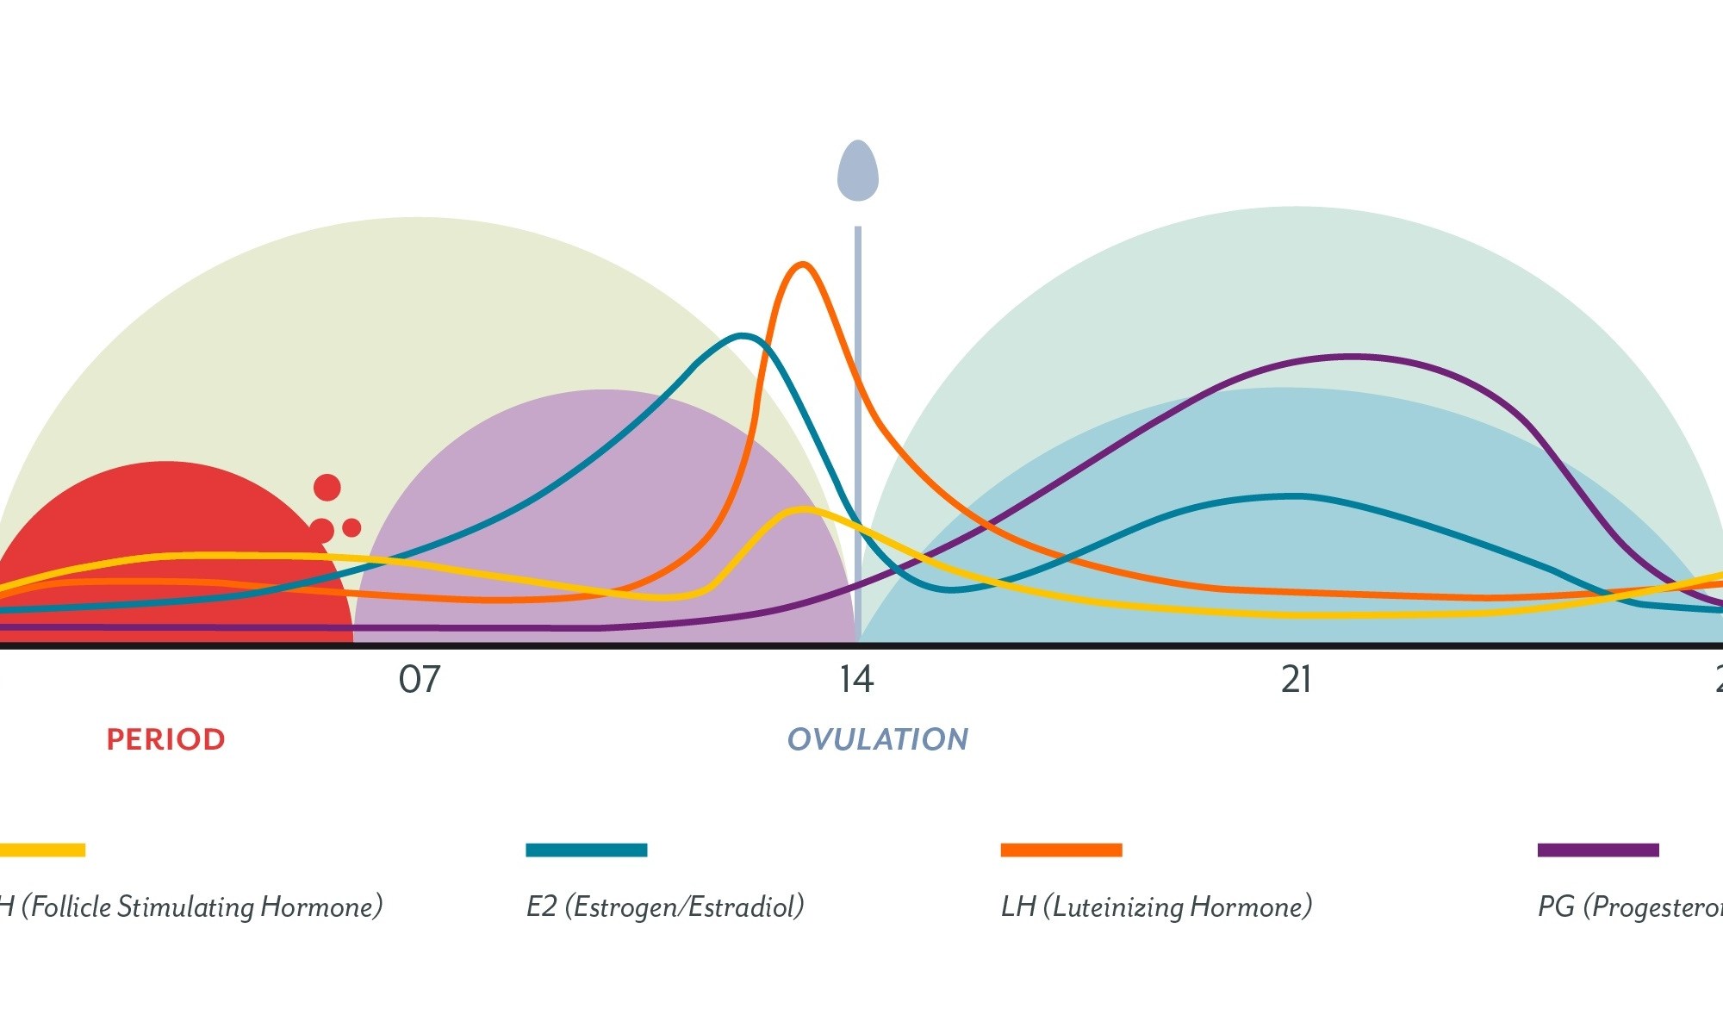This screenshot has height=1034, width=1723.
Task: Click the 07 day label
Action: click(419, 680)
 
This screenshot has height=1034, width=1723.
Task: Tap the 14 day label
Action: click(856, 680)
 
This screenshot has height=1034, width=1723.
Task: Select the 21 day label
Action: click(1296, 680)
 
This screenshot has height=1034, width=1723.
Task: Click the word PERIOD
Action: click(165, 739)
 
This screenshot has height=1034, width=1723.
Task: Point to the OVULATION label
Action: click(878, 739)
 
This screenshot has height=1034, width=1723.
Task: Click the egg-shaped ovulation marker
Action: click(858, 171)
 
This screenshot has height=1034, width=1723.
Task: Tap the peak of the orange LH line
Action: click(803, 265)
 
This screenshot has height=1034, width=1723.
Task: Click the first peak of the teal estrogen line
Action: click(743, 336)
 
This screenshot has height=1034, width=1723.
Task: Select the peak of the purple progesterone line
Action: click(1350, 356)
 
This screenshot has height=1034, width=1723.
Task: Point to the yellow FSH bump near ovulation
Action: click(804, 510)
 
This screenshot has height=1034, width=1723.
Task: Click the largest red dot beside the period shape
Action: click(327, 488)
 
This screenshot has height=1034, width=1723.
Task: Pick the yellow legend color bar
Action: click(42, 850)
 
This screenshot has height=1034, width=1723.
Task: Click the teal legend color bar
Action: click(586, 850)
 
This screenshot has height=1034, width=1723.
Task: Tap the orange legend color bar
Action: click(1061, 850)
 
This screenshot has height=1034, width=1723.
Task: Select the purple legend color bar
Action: click(1598, 850)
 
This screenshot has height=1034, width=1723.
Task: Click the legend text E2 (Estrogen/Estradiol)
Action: click(665, 906)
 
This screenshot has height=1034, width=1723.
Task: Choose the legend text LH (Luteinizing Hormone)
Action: click(1156, 906)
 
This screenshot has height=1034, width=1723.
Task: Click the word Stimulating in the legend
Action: click(185, 906)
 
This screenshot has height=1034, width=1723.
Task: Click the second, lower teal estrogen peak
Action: click(1297, 496)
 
